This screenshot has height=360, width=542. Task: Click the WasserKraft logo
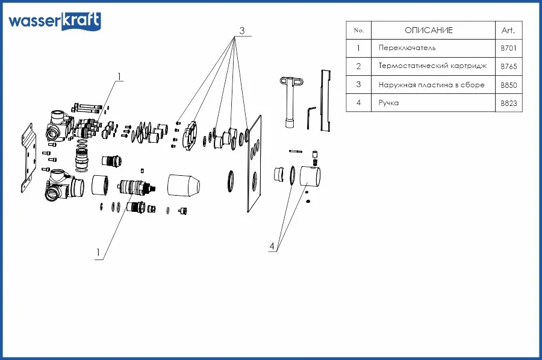point(54,21)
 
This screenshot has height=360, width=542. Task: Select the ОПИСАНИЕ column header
point(428,30)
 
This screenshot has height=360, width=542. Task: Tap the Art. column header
point(508,30)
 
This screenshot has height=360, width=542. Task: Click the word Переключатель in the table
point(407,48)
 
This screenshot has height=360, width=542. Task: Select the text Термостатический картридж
point(432,66)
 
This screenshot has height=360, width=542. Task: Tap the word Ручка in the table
point(389,103)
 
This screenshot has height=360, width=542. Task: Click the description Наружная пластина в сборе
point(431,85)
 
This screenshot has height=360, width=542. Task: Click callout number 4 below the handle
point(272,246)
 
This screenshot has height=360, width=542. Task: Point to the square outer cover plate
point(255,163)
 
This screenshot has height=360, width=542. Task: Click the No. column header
point(359,30)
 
